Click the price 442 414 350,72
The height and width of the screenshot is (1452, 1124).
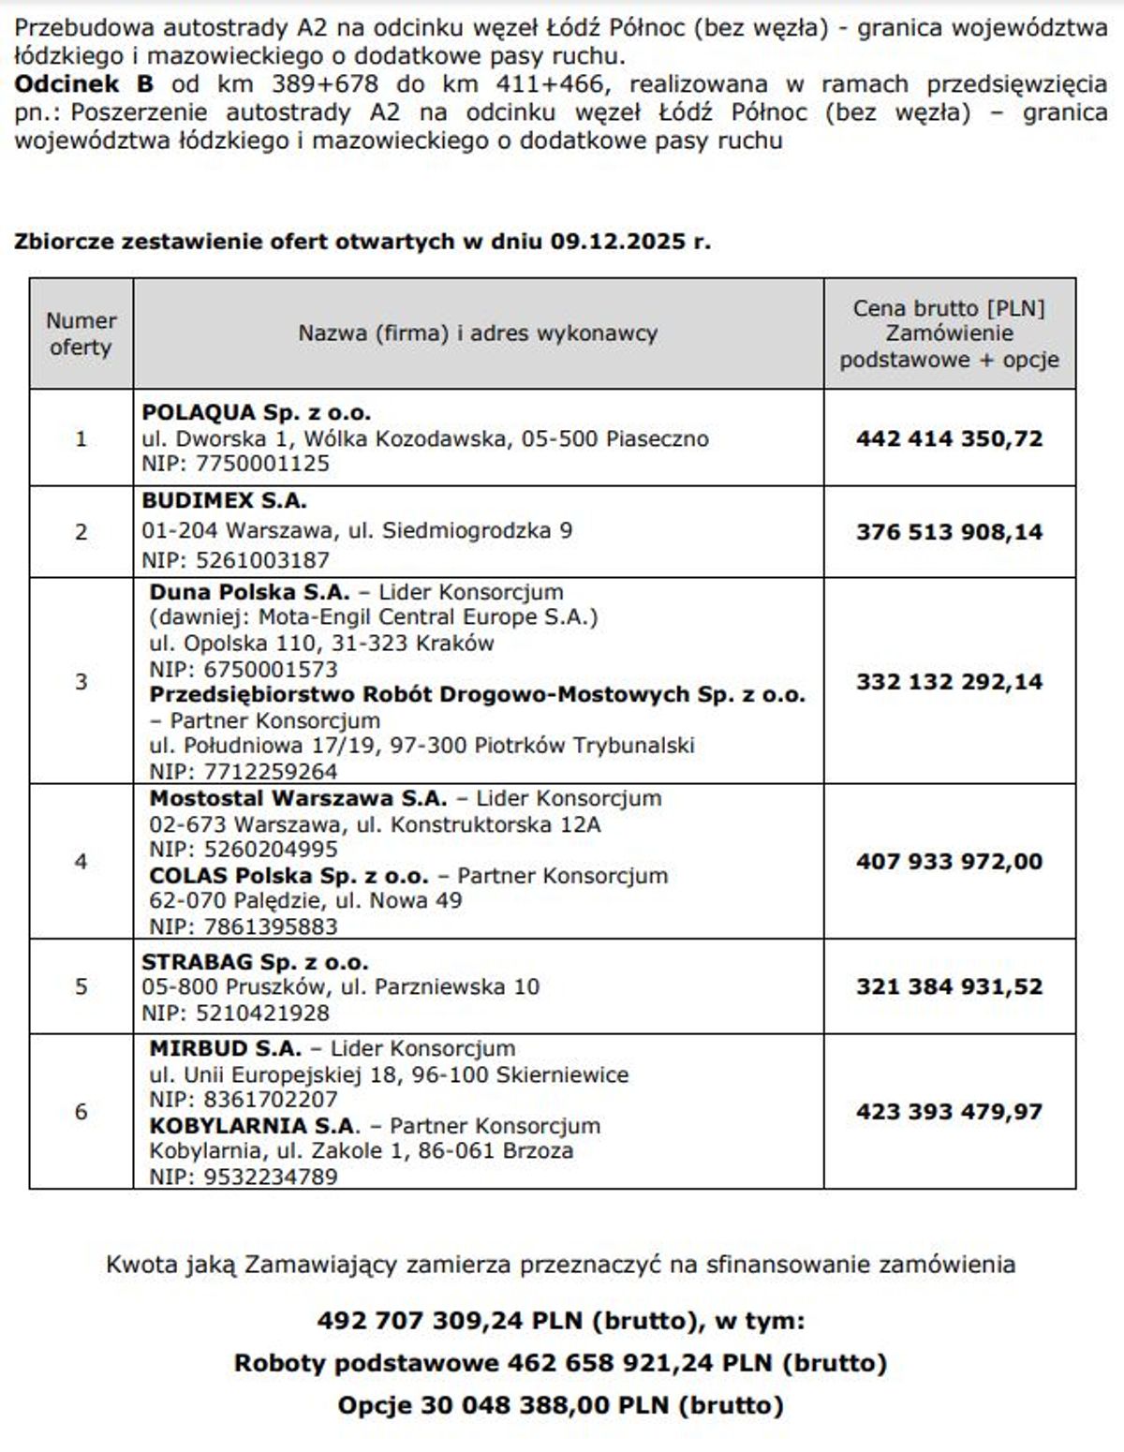click(949, 438)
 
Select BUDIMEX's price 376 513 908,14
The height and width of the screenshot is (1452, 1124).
click(949, 532)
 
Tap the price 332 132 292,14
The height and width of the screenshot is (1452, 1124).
click(949, 681)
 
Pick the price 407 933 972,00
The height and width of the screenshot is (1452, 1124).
click(949, 861)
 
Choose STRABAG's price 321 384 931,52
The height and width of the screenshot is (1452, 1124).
click(949, 986)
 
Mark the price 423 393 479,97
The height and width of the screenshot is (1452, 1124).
click(949, 1112)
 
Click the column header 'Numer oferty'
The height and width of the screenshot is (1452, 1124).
click(81, 333)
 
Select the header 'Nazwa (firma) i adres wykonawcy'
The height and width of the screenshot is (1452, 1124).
click(478, 333)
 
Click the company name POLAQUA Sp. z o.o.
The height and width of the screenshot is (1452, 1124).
click(256, 412)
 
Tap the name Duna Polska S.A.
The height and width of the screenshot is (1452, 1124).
click(249, 592)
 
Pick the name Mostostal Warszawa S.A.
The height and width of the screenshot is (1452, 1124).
click(298, 799)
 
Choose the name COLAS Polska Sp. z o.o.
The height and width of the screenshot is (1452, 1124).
click(288, 876)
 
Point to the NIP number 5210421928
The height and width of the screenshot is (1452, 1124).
click(262, 1013)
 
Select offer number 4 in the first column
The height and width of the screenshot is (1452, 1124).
click(81, 861)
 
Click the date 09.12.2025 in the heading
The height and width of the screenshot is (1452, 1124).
click(617, 241)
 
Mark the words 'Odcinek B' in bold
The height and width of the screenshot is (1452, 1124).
click(83, 83)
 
